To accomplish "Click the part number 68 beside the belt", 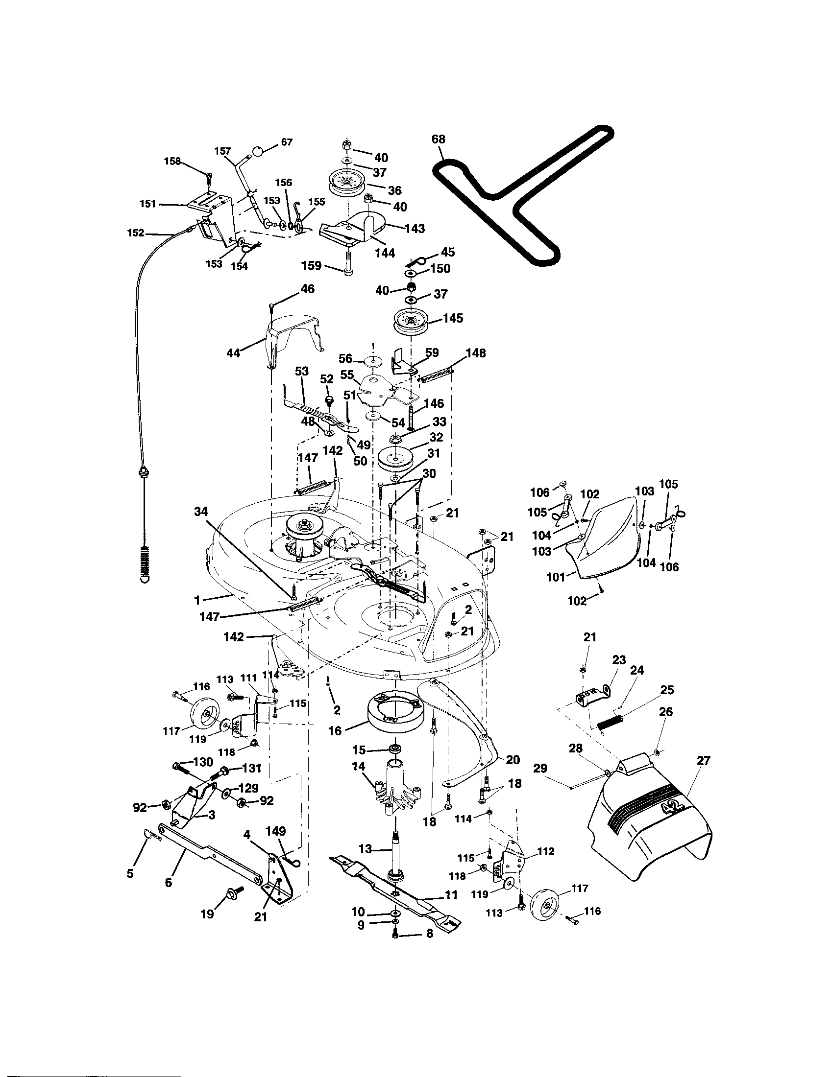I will click(x=438, y=140).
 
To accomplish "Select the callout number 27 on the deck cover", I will click(x=703, y=760).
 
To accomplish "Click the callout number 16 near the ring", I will click(x=335, y=745).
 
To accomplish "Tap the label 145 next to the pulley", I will click(x=453, y=318).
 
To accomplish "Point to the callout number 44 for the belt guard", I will click(x=233, y=352).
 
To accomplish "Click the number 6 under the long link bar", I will click(x=169, y=882).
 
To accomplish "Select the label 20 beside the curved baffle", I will click(x=513, y=760).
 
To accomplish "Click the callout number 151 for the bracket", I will click(x=148, y=204).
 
